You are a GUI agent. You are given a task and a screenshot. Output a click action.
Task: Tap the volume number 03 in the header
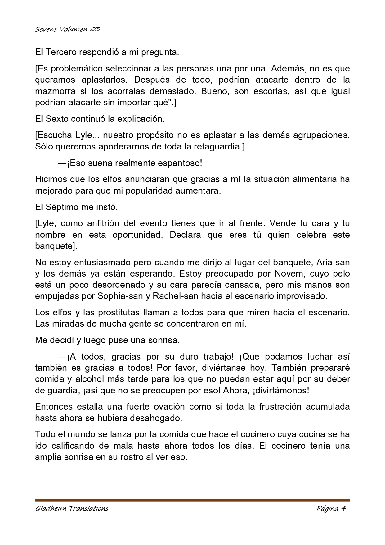pyautogui.click(x=95, y=30)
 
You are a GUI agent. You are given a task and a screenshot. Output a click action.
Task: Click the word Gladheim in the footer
pyautogui.click(x=51, y=508)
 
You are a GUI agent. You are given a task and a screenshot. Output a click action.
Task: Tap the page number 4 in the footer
pyautogui.click(x=343, y=508)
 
